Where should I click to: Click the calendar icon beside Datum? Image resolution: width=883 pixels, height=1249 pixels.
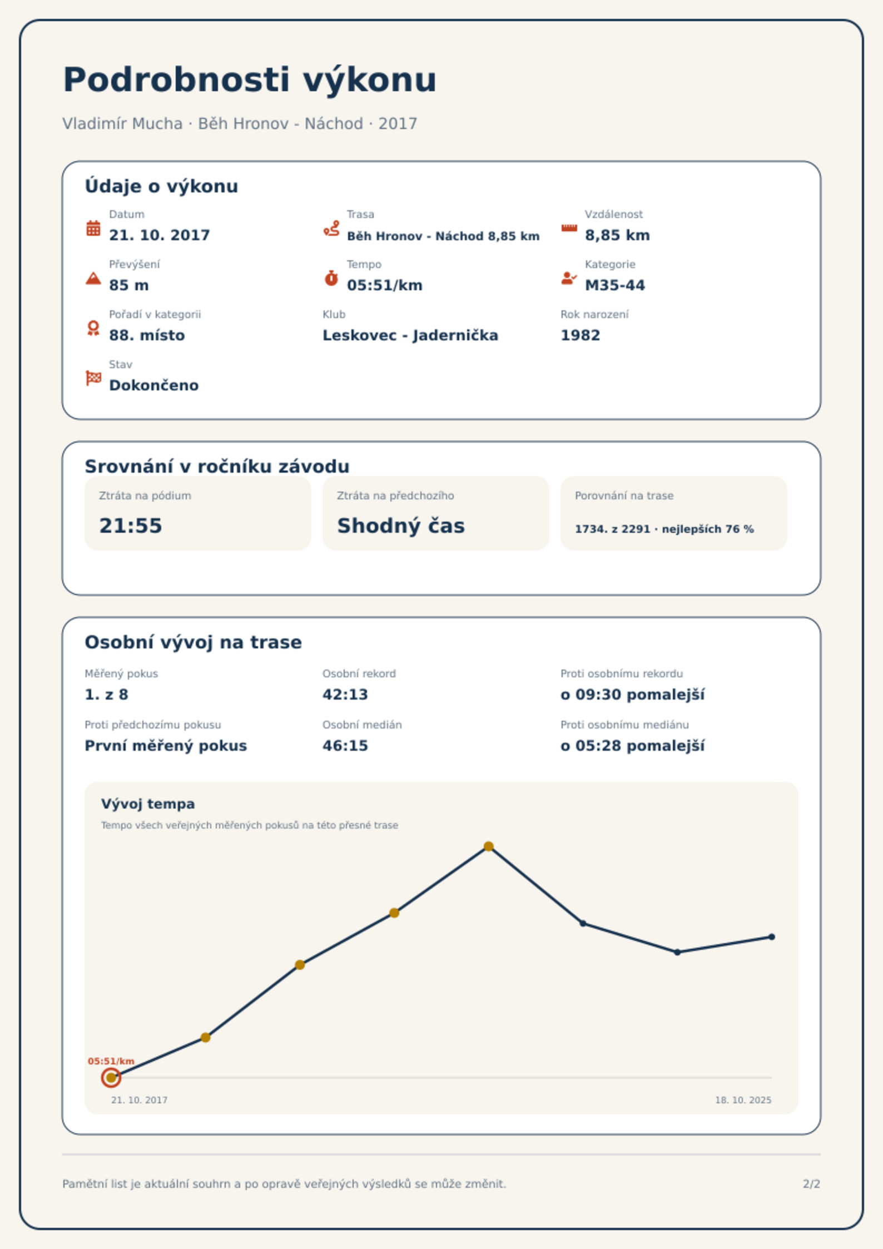click(93, 228)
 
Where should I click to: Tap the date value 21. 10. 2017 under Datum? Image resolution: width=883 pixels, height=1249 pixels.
click(160, 235)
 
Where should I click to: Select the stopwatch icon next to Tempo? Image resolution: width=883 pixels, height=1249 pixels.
click(331, 278)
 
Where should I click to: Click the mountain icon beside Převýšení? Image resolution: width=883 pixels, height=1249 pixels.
click(93, 278)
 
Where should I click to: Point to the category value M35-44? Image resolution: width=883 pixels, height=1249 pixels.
click(615, 285)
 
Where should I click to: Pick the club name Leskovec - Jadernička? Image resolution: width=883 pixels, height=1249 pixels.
click(410, 335)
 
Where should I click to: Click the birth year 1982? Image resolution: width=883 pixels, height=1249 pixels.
click(581, 335)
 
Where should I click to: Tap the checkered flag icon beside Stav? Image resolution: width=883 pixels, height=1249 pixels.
click(93, 378)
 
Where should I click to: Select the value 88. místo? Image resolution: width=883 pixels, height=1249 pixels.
click(147, 335)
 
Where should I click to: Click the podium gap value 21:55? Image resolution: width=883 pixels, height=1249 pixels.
click(131, 526)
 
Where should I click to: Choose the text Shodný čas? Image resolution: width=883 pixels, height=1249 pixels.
click(401, 526)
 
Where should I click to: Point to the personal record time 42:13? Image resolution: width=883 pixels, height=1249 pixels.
click(345, 695)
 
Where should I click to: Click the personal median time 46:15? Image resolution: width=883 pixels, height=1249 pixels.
click(345, 746)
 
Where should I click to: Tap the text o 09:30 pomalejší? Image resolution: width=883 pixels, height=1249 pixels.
click(632, 695)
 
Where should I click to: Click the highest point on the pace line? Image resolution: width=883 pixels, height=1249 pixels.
click(488, 846)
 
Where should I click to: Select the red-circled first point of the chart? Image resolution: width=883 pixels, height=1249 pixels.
click(111, 1078)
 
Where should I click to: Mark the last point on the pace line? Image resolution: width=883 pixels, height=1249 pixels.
click(772, 937)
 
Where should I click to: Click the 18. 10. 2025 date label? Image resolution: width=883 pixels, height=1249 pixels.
click(743, 1100)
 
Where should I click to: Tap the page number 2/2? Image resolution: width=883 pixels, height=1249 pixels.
click(811, 1184)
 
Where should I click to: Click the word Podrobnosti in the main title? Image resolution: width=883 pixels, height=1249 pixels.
click(176, 80)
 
